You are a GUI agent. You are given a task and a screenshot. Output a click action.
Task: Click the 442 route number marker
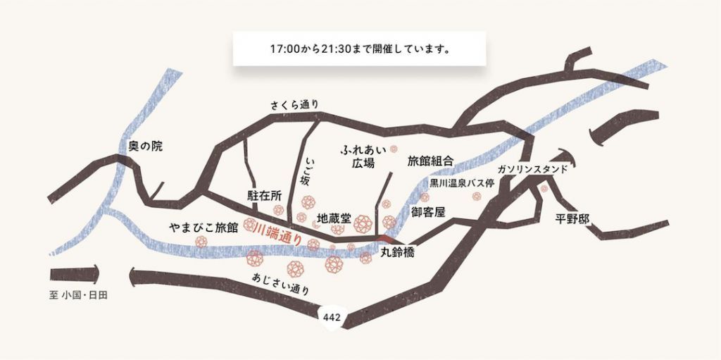(x=332, y=318)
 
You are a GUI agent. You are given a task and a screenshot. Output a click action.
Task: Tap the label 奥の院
(x=146, y=147)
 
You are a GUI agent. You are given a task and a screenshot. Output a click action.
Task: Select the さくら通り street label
(x=295, y=105)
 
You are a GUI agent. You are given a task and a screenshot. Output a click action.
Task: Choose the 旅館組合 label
(x=430, y=161)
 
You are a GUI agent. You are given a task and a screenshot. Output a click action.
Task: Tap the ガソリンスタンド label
(x=532, y=170)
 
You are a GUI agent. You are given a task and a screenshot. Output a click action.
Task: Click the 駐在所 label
(x=265, y=194)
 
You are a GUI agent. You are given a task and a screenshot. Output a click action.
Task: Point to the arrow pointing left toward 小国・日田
(x=74, y=274)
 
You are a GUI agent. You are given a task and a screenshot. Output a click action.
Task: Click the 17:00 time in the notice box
(x=284, y=51)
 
